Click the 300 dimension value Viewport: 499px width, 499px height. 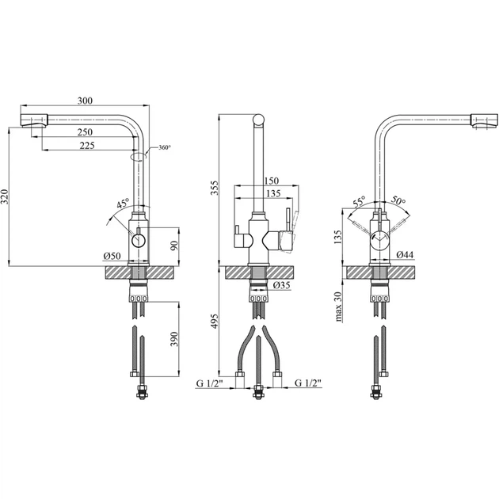pos(85,101)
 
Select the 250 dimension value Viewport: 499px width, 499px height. pos(85,131)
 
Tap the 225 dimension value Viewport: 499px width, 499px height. pos(87,145)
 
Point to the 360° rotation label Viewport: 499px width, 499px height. pos(165,147)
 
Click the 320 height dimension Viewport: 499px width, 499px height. pos(5,196)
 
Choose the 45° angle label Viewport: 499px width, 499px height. pos(123,203)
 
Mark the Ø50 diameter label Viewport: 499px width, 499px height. pos(112,256)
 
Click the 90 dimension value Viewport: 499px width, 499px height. pos(174,246)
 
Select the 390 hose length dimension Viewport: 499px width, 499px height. pos(173,339)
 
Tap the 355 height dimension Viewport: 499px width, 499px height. pos(215,188)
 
